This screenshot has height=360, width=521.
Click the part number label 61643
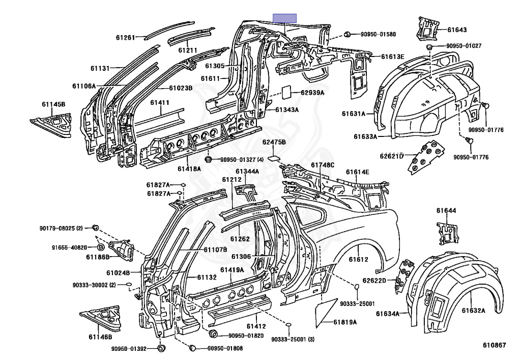pos(457,30)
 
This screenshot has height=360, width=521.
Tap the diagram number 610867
pos(495,345)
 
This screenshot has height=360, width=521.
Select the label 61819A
pos(345,322)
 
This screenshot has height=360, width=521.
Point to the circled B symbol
pos(101,247)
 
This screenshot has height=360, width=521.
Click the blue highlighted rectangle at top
pos(285,18)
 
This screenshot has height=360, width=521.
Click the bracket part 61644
pos(447,234)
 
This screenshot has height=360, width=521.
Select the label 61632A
pos(474,311)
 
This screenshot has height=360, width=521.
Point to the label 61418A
pos(189,169)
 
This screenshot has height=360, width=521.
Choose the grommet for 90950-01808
pos(192,348)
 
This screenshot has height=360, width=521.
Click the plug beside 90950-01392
pos(161,348)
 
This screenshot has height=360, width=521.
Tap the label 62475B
pos(274,142)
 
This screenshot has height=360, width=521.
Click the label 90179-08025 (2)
pos(61,228)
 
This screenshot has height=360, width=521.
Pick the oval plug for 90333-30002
pos(129,285)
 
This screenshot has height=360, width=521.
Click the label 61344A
pos(247,172)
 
